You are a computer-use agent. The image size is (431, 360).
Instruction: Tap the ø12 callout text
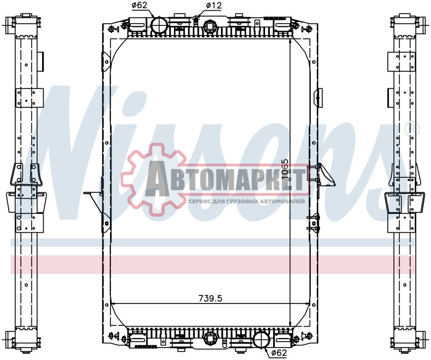212,6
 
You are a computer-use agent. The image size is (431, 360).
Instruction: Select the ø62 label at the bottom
278,353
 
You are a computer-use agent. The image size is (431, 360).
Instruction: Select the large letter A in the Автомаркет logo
161,178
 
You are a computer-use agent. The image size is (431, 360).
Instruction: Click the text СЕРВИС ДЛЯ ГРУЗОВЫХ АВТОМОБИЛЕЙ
247,200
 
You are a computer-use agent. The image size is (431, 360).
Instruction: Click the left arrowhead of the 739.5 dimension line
113,304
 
